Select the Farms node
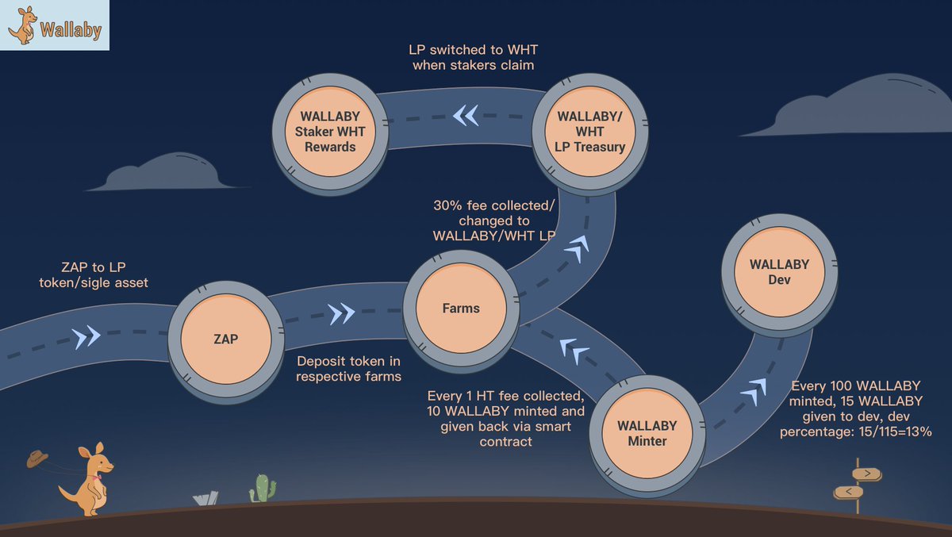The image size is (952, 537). (461, 308)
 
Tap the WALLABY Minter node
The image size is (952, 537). (647, 433)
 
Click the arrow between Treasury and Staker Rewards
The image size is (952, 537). (466, 116)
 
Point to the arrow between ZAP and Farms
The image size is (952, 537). (341, 314)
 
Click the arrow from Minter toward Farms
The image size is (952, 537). (574, 349)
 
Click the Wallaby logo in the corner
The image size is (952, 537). (54, 26)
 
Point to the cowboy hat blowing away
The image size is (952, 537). (37, 458)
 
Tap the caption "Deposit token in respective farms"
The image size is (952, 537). (348, 368)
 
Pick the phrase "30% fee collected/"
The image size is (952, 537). (493, 205)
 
